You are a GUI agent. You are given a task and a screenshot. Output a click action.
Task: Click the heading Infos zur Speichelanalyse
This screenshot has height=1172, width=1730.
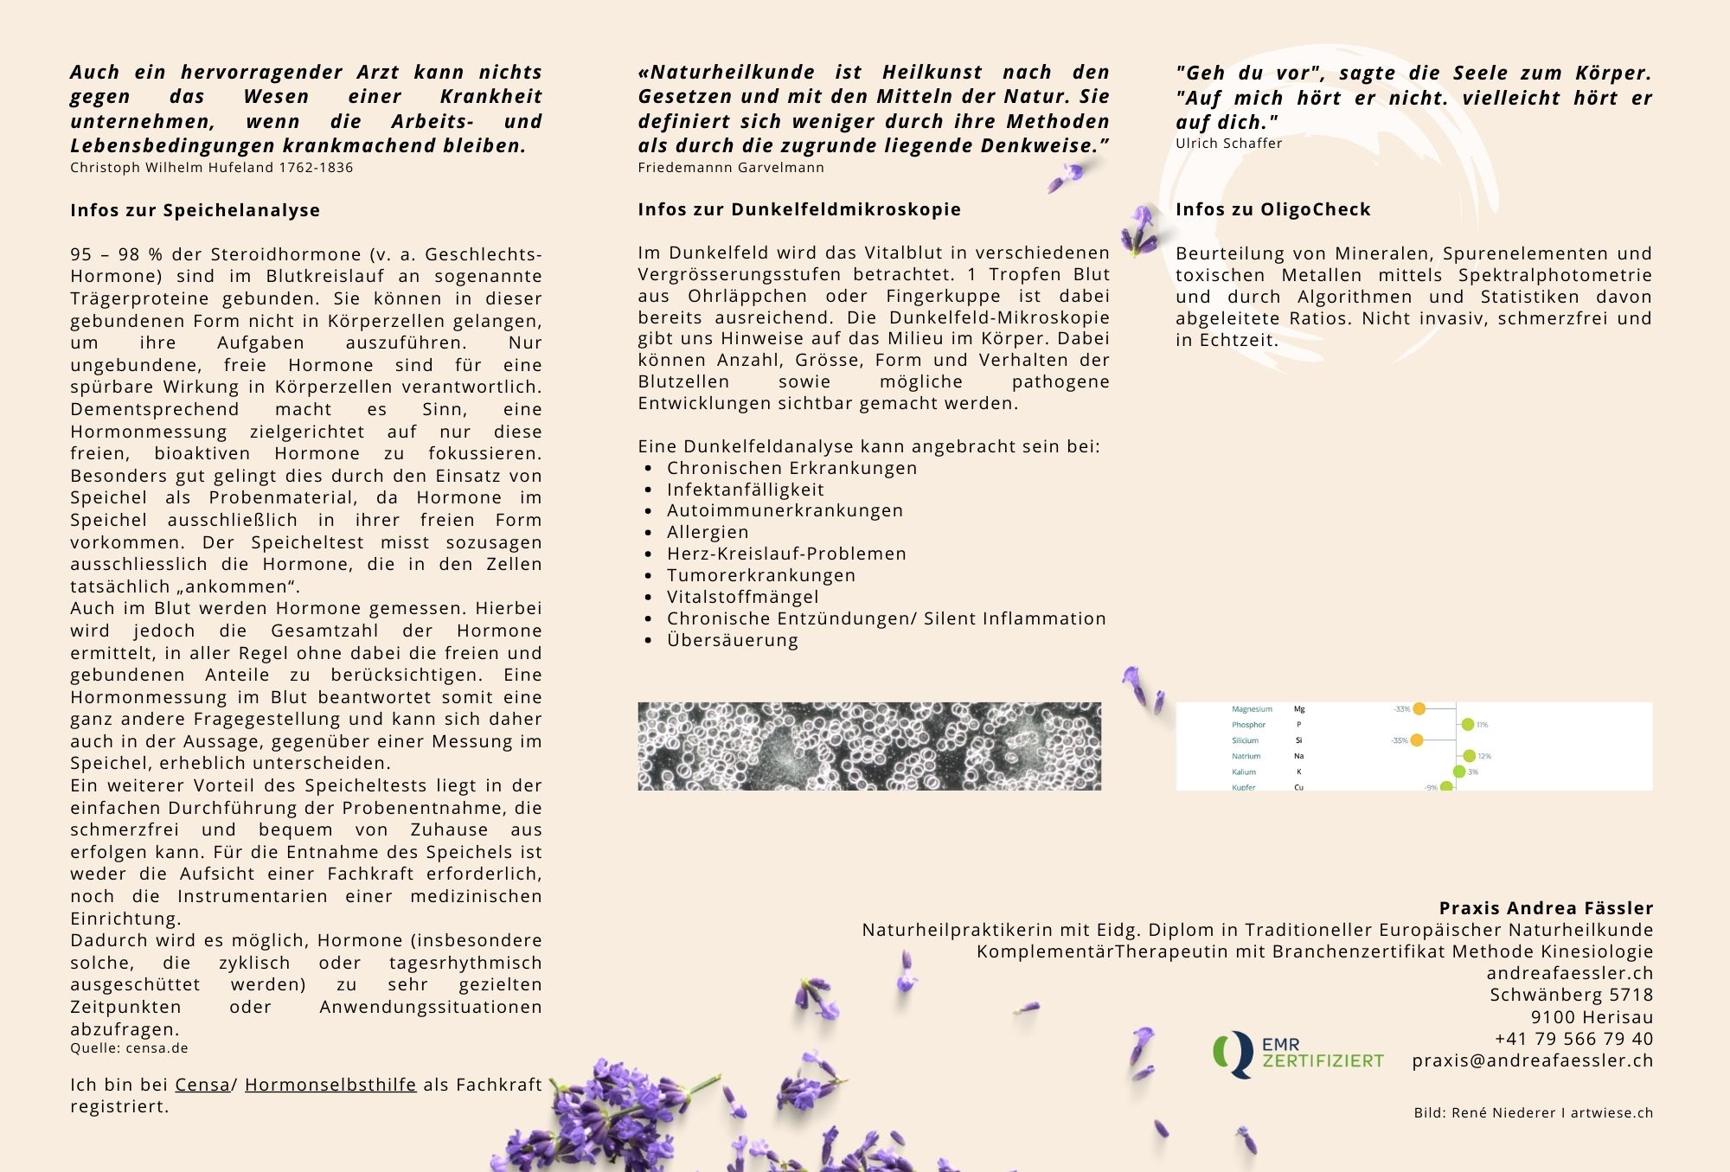195,210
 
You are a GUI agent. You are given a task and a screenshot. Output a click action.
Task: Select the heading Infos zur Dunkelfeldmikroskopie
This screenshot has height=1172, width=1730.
799,209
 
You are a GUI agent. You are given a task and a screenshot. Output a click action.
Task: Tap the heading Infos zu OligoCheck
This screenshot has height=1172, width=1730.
1272,209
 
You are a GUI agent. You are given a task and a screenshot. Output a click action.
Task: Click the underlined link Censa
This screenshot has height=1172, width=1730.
202,1085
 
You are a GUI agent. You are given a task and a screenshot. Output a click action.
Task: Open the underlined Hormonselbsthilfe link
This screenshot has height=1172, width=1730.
330,1085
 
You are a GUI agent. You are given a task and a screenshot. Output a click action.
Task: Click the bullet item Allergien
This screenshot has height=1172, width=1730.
708,532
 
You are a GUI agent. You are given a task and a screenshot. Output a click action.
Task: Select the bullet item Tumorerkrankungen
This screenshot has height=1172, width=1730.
761,575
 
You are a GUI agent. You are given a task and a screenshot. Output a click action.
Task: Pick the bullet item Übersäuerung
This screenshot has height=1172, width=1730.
733,640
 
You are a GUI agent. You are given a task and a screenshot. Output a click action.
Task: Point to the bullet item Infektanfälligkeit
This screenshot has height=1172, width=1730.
745,490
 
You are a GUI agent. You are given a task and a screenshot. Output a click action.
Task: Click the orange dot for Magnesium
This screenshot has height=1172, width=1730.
1419,709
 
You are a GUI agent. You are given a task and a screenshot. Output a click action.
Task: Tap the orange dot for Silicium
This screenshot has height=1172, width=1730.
1417,740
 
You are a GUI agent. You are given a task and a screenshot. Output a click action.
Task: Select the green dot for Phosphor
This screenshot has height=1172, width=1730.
1467,725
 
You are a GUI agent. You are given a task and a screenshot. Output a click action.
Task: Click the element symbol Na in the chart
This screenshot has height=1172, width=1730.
1298,756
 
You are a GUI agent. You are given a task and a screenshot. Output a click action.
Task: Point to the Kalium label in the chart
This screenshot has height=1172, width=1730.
1243,772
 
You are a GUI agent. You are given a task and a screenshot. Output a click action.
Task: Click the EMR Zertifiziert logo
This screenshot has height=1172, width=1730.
1297,1054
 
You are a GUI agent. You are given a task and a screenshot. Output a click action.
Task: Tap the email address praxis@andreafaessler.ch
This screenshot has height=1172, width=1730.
1532,1060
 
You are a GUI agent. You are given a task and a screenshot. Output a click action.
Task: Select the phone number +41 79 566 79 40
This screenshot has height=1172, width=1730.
1573,1039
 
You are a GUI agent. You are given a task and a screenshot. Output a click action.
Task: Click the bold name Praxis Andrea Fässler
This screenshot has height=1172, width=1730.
1546,908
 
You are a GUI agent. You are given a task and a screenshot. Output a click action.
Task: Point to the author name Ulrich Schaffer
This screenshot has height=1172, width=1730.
1228,144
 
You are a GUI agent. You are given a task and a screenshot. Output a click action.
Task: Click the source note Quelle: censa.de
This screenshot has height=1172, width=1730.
129,1048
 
